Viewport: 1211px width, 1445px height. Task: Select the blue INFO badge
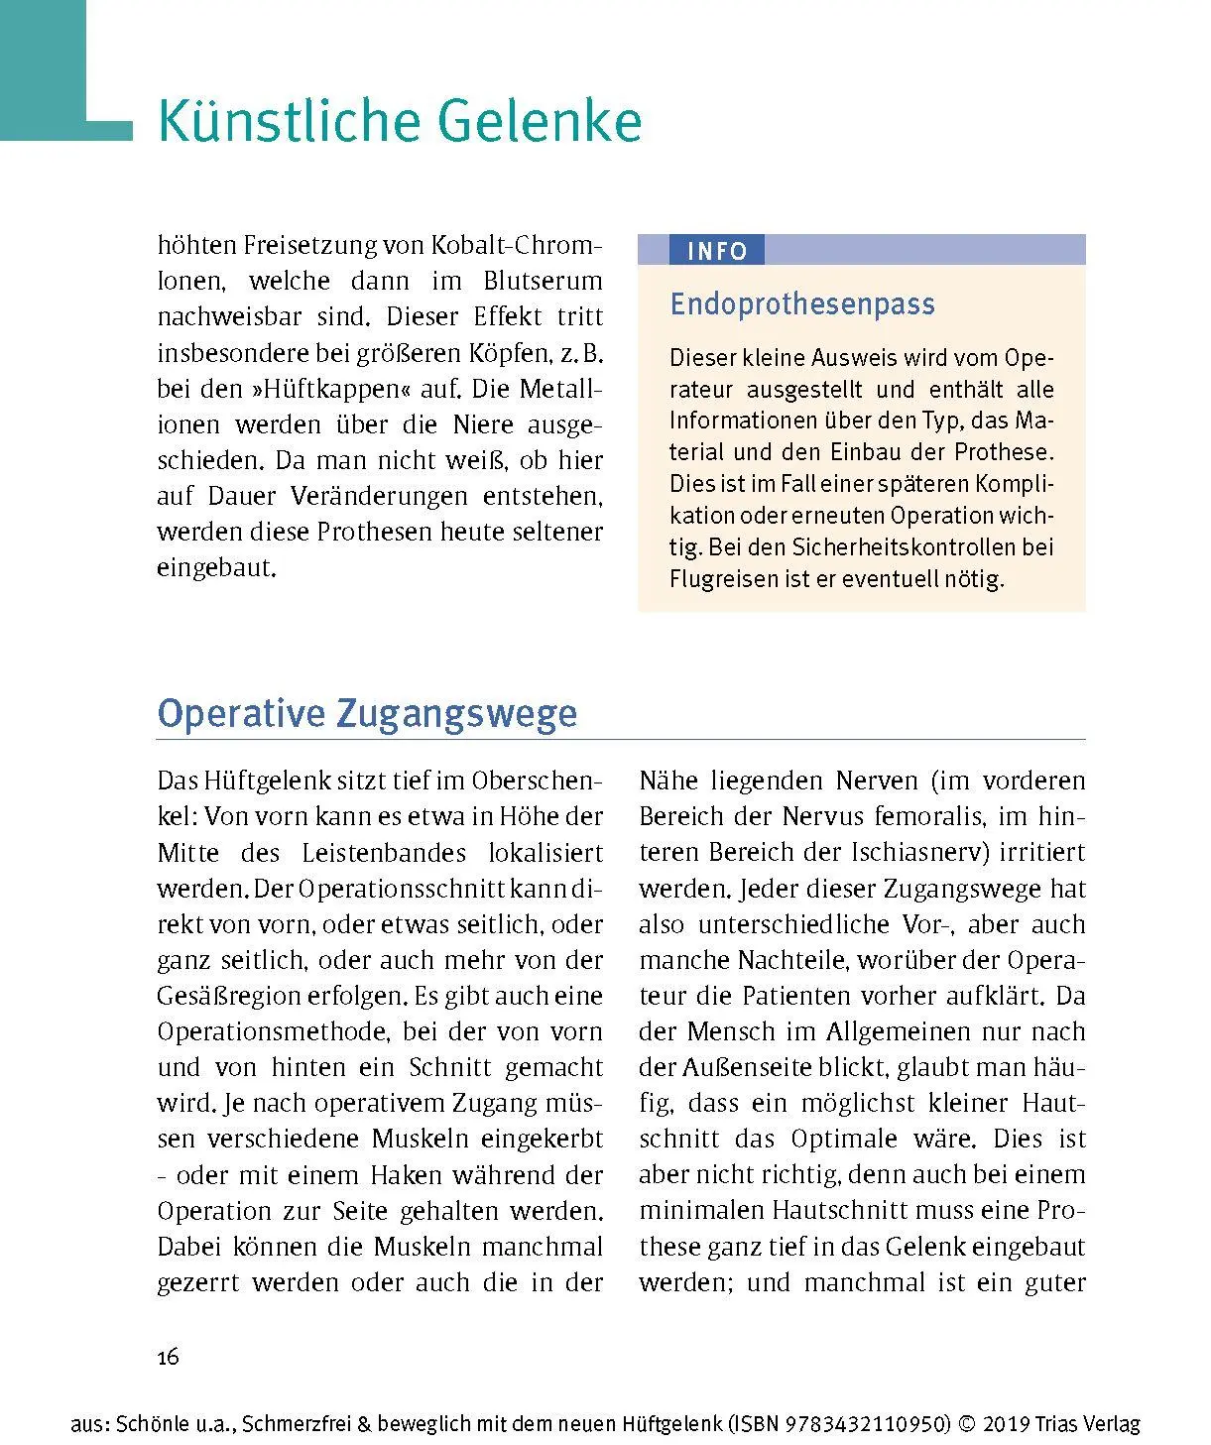pyautogui.click(x=716, y=251)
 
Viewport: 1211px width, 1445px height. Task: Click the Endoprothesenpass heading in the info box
pyautogui.click(x=801, y=303)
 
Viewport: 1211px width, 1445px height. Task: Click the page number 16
pyautogui.click(x=168, y=1357)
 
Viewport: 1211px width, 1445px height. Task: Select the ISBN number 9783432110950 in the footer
pyautogui.click(x=867, y=1424)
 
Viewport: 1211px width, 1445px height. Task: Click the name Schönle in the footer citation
pyautogui.click(x=149, y=1424)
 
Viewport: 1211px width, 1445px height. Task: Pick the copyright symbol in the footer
pyautogui.click(x=966, y=1424)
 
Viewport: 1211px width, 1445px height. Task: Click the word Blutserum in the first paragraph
pyautogui.click(x=543, y=281)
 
